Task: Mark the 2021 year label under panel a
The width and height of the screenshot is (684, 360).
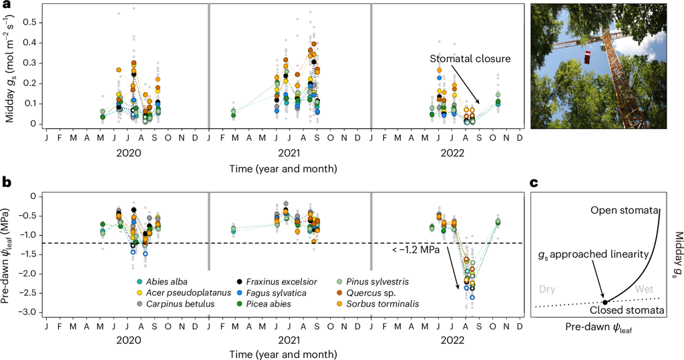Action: (289, 153)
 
